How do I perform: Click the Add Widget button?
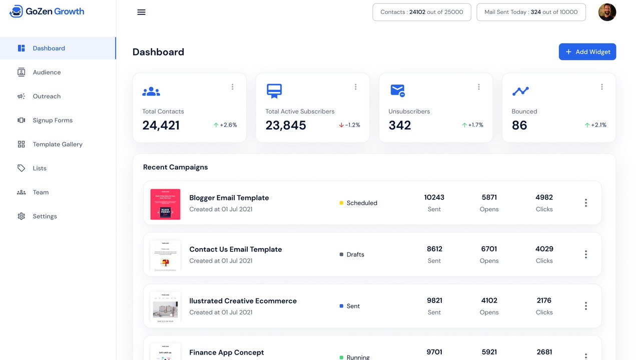pos(587,52)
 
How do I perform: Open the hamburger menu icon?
pos(142,12)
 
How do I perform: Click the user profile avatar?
pos(607,12)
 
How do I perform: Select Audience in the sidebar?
pos(47,72)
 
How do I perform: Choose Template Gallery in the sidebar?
pos(57,144)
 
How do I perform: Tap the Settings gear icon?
pos(21,216)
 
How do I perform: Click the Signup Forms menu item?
pos(53,120)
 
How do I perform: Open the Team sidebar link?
pos(41,192)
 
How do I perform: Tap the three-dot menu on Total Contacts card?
pos(233,87)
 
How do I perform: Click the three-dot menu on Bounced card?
pos(602,87)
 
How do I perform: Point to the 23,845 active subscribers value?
pos(286,125)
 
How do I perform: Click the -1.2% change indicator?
pos(350,125)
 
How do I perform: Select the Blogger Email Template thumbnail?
pos(165,204)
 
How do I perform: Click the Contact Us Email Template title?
pos(235,249)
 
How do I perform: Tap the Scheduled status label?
pos(361,203)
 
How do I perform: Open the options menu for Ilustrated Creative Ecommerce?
pos(586,306)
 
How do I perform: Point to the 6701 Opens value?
pos(489,249)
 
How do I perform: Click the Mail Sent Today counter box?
pos(531,12)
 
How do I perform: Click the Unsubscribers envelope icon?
pos(397,90)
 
